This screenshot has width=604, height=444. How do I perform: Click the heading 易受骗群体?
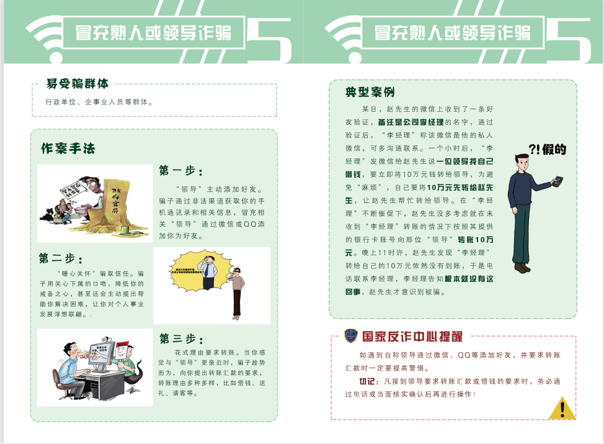(x=78, y=83)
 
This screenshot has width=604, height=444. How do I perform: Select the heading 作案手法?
(x=68, y=149)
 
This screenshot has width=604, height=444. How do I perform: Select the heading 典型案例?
(x=370, y=93)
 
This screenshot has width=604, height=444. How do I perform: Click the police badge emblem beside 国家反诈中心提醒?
(x=351, y=336)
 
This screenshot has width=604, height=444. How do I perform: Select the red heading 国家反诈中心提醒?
(x=412, y=337)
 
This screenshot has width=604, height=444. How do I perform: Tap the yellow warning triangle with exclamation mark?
(x=562, y=409)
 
